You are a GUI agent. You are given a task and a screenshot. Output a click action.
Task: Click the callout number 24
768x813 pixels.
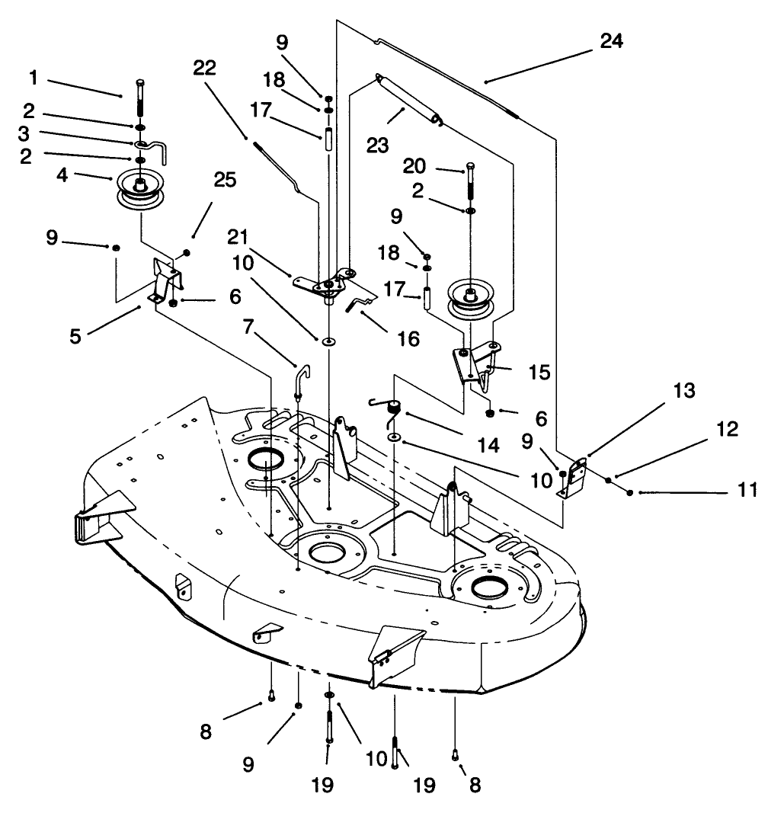pos(611,40)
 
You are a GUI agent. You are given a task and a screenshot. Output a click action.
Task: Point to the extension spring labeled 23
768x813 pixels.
pos(410,97)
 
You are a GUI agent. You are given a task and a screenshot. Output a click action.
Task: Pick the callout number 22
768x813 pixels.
pos(205,69)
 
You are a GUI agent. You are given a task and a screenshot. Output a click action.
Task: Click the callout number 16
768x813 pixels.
pos(409,338)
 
